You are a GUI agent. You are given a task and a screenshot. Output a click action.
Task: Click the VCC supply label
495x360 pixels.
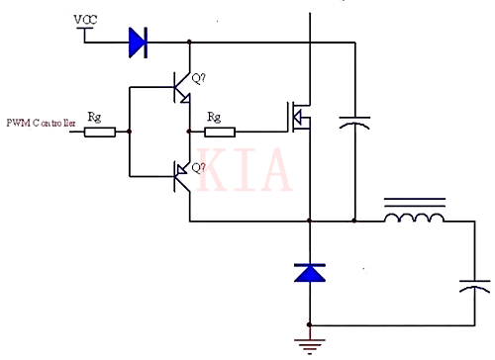85,20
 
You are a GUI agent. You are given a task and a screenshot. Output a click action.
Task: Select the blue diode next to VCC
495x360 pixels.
137,42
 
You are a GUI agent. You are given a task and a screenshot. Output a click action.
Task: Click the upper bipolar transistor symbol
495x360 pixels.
180,87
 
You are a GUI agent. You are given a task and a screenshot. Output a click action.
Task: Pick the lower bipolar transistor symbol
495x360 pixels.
180,177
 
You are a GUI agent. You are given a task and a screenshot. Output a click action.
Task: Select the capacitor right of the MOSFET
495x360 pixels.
353,123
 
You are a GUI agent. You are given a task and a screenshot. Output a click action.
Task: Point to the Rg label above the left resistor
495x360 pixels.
95,116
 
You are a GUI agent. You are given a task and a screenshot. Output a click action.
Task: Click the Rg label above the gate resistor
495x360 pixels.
213,116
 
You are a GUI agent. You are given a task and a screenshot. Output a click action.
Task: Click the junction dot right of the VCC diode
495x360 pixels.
188,43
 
